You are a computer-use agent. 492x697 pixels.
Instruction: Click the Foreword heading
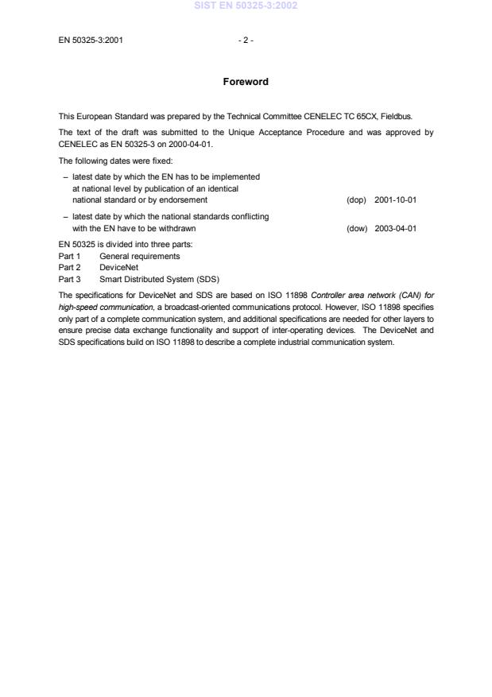[x=246, y=82]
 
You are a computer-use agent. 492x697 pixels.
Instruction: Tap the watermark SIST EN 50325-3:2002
[x=246, y=6]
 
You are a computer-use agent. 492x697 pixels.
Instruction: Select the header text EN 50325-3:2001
[x=91, y=40]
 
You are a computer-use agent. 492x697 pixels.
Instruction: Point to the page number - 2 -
[x=246, y=40]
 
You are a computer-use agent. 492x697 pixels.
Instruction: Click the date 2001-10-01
[x=396, y=199]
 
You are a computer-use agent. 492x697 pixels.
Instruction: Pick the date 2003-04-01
[x=396, y=228]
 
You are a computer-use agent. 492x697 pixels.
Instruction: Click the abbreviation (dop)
[x=357, y=199]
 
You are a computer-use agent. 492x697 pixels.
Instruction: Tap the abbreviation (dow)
[x=357, y=228]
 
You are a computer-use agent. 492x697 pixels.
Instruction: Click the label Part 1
[x=70, y=256]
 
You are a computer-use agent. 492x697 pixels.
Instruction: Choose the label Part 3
[x=70, y=279]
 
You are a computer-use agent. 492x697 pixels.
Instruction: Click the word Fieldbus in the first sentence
[x=416, y=116]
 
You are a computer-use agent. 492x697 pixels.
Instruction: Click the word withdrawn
[x=177, y=228]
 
